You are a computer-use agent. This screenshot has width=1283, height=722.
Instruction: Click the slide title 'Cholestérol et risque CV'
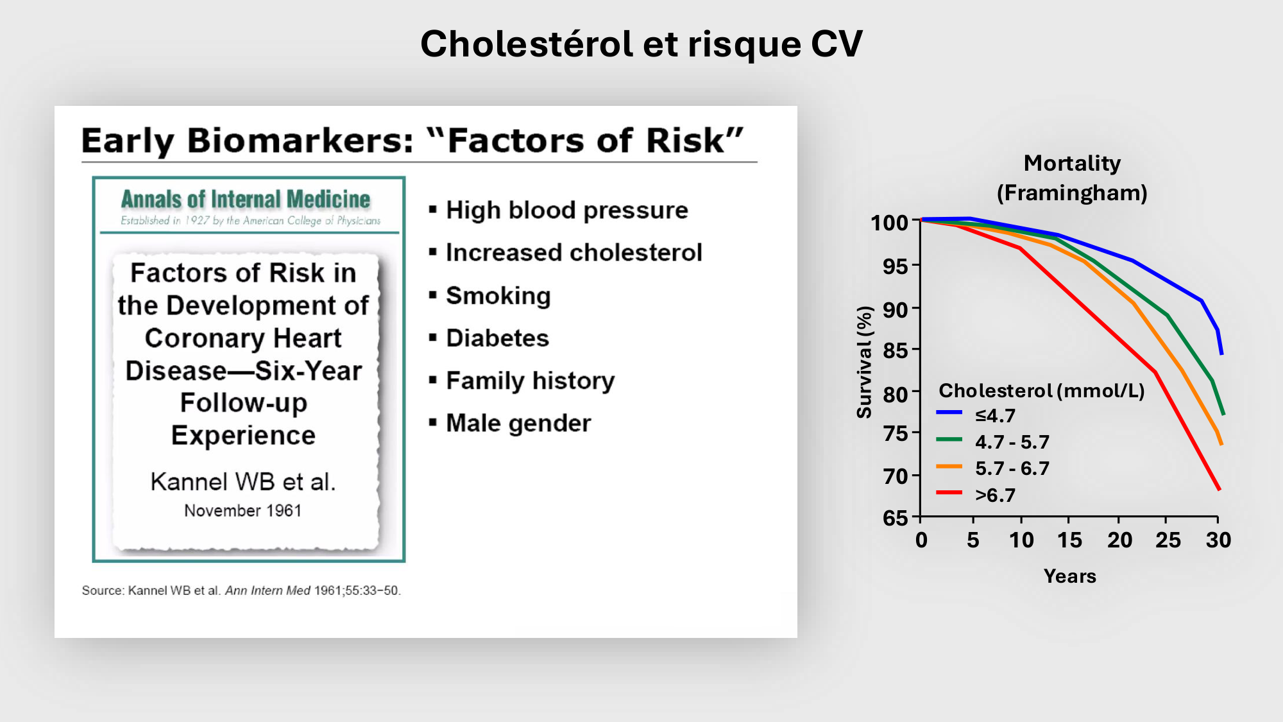click(x=641, y=44)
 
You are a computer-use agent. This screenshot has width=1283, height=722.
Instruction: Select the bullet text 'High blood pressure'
click(x=567, y=211)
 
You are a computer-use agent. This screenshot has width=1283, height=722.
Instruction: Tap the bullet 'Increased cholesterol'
click(x=574, y=252)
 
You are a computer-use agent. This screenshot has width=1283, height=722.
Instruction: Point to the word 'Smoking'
click(x=498, y=296)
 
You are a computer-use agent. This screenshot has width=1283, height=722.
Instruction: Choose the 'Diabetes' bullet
click(x=498, y=338)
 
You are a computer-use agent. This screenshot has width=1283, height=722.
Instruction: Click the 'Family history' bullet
click(x=531, y=381)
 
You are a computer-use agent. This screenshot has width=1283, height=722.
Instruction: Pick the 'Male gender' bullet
click(x=518, y=424)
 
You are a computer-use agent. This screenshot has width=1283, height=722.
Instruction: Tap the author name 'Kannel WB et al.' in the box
click(x=243, y=481)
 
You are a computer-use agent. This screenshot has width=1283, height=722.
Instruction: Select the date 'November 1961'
click(x=242, y=511)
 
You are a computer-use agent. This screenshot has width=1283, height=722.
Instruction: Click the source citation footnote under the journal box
click(x=241, y=590)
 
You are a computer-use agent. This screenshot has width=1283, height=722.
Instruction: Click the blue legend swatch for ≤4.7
click(x=949, y=412)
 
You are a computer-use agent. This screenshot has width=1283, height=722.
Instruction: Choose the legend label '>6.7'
click(x=995, y=495)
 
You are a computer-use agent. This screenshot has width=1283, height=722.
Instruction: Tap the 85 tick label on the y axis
click(x=896, y=350)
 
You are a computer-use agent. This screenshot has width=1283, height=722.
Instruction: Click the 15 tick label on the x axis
click(x=1069, y=540)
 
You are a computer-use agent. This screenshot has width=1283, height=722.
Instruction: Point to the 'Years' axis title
click(x=1070, y=576)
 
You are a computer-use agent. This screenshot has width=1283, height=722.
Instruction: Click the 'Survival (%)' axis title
click(x=865, y=363)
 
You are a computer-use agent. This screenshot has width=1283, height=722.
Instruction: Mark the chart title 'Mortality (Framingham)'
click(x=1072, y=178)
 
